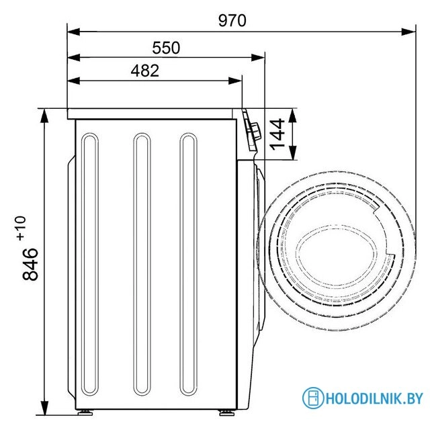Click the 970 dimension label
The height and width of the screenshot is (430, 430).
[232, 21]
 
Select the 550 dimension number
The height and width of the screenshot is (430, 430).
[166, 48]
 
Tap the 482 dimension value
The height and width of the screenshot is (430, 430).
[145, 71]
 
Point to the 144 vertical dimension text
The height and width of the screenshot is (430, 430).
[277, 134]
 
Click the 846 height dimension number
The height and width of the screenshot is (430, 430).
[30, 264]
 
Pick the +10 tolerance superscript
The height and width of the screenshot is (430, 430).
[21, 228]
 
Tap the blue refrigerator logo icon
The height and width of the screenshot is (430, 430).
[312, 398]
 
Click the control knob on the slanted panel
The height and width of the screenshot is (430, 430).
[255, 132]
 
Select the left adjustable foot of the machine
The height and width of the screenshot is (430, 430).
[85, 412]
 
